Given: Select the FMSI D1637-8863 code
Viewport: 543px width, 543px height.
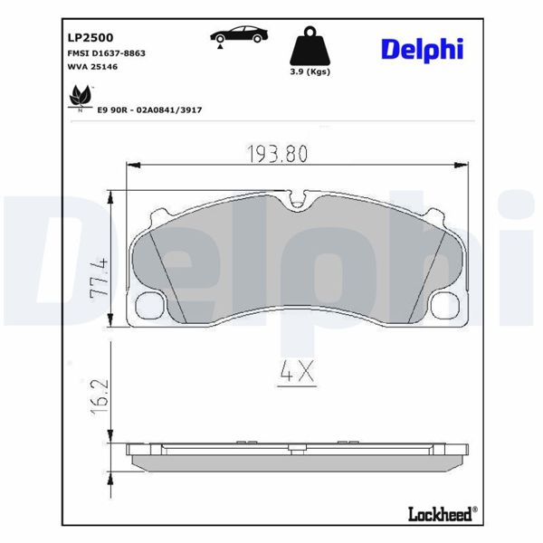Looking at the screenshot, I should (x=107, y=53).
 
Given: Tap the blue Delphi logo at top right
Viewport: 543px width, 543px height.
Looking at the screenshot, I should (x=421, y=49).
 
